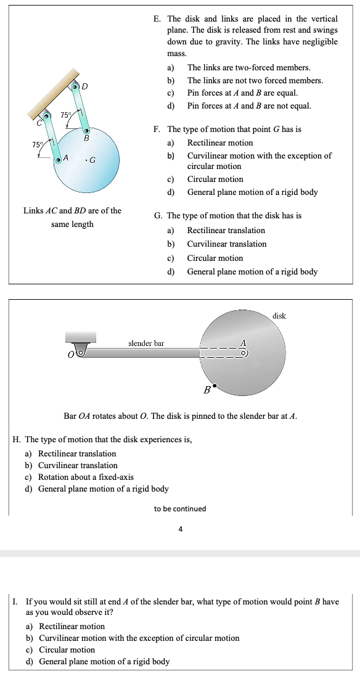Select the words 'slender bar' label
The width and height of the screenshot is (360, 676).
(146, 342)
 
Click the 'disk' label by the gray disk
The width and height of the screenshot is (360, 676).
(279, 316)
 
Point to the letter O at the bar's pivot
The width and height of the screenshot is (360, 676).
(72, 355)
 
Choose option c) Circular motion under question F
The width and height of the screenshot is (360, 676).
(215, 179)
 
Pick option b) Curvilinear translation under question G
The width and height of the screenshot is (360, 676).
(226, 244)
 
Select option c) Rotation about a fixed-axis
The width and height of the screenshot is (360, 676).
(86, 477)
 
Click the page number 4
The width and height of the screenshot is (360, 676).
(180, 529)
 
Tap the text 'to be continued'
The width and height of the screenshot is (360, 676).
(180, 509)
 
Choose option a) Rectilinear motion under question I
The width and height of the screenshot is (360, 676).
(72, 627)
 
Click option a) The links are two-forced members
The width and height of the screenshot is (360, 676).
(248, 67)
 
